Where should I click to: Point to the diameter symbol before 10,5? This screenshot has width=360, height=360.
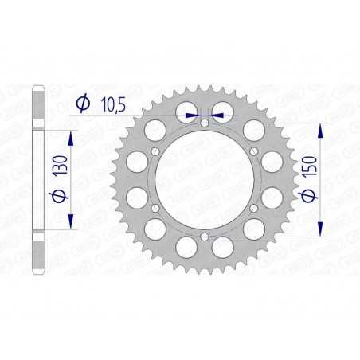coord(83,102)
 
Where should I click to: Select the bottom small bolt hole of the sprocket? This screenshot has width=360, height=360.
coord(205,237)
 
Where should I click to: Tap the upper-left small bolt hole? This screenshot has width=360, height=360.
coord(156,151)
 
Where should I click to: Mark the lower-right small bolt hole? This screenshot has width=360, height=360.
coord(253,209)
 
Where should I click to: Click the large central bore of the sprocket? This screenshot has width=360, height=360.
coord(205,180)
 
